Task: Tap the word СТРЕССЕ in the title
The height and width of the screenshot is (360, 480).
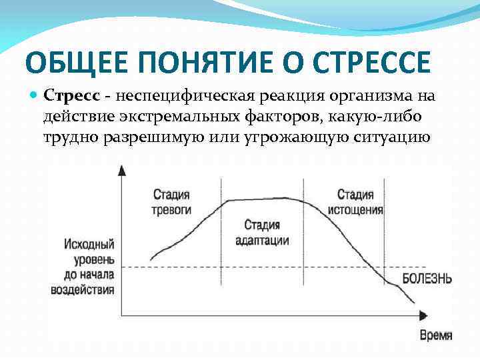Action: pyautogui.click(x=373, y=63)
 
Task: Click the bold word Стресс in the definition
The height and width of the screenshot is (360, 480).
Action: pyautogui.click(x=71, y=96)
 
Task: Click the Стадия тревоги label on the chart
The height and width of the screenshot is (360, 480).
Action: pyautogui.click(x=172, y=201)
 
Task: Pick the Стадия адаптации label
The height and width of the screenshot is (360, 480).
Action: pyautogui.click(x=262, y=232)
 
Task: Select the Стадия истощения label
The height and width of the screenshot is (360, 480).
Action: pyautogui.click(x=355, y=201)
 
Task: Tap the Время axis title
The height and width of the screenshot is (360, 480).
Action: pyautogui.click(x=435, y=335)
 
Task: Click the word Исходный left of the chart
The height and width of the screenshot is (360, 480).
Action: pyautogui.click(x=89, y=244)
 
